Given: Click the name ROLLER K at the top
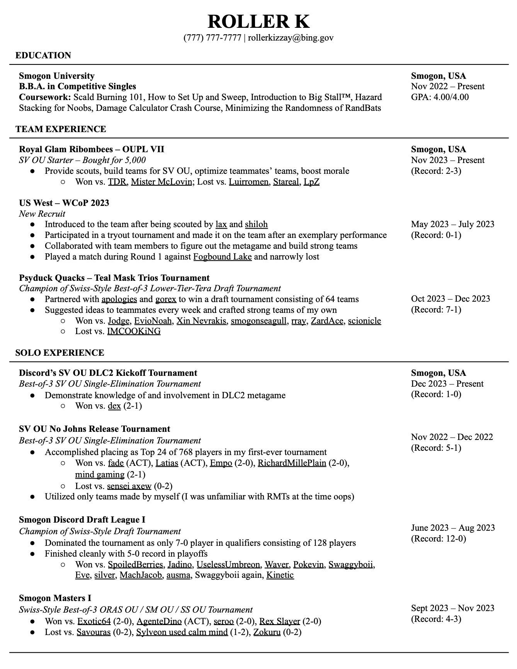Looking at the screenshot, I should point(258,21).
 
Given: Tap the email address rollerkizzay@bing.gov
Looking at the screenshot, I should point(291,37).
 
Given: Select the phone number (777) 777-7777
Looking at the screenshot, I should point(212,37).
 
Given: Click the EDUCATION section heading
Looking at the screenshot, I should point(43,55).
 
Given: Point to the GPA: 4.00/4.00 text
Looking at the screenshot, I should point(440,97).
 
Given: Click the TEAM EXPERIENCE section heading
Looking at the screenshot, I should point(61,129).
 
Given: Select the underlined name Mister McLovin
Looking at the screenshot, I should point(162,182).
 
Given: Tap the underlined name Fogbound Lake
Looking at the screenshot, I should point(223,256).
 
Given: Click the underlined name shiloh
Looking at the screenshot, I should point(256,224).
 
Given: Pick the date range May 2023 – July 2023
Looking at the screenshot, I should point(452,224).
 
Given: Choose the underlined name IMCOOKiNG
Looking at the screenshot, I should point(134,331).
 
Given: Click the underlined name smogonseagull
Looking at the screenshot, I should point(259,321).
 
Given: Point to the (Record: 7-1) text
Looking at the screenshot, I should point(436,309).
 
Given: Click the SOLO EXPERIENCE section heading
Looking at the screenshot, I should point(60,353).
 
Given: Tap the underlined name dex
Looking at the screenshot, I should point(114,406).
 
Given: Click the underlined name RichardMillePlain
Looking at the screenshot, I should point(292,463).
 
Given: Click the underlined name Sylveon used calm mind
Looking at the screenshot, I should point(182,632).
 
